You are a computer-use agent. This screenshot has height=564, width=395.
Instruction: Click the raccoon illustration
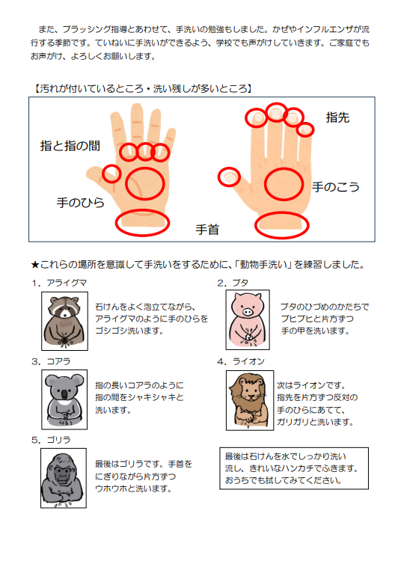(x=65, y=321)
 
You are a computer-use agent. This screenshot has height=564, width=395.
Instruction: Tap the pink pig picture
(x=248, y=319)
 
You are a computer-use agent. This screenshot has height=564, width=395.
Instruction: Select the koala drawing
(x=64, y=399)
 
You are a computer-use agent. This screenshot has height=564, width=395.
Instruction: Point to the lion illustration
(x=250, y=400)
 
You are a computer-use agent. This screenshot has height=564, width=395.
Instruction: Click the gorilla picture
(x=64, y=478)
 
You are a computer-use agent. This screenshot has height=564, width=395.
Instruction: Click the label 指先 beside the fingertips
(x=337, y=117)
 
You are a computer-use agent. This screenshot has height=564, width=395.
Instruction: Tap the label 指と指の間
(x=70, y=146)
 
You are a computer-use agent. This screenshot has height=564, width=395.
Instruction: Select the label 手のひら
(x=80, y=203)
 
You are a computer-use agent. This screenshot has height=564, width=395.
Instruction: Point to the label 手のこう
(x=335, y=187)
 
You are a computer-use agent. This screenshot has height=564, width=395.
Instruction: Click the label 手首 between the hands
(x=207, y=230)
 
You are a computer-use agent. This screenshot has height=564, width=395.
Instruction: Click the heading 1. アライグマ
(x=59, y=283)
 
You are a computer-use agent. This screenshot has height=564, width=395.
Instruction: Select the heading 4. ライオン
(x=241, y=361)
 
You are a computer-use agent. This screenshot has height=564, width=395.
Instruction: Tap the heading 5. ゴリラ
(x=51, y=440)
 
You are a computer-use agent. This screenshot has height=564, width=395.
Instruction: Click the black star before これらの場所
(x=35, y=265)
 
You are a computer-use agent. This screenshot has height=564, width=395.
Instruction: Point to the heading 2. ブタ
(x=233, y=283)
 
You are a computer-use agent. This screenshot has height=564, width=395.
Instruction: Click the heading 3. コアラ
(x=51, y=361)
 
